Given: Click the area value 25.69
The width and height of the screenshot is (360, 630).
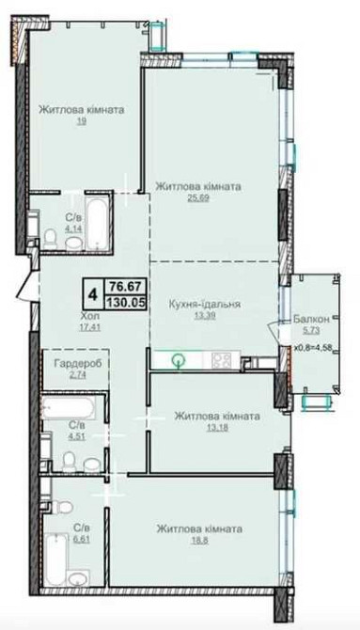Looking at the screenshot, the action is [x=198, y=197].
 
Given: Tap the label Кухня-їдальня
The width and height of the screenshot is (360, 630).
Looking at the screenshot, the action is [x=204, y=305].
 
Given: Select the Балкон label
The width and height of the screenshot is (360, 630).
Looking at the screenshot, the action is [x=311, y=319].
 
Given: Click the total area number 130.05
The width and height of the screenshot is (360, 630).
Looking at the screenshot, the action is [x=125, y=303].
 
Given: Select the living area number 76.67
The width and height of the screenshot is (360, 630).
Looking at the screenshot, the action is [x=124, y=287].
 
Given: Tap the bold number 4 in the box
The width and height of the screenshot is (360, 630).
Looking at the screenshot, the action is [x=93, y=295].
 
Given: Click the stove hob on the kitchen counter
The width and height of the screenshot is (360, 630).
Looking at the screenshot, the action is [x=221, y=359].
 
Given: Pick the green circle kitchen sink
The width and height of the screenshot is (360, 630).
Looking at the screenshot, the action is [x=178, y=360].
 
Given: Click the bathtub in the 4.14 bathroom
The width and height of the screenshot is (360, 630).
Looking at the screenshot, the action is [x=97, y=222].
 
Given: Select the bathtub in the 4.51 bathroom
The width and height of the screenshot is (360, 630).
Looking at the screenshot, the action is [x=70, y=409].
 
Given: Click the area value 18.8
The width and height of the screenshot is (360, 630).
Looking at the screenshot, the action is [x=199, y=540].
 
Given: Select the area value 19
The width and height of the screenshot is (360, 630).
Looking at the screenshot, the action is [x=82, y=120].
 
